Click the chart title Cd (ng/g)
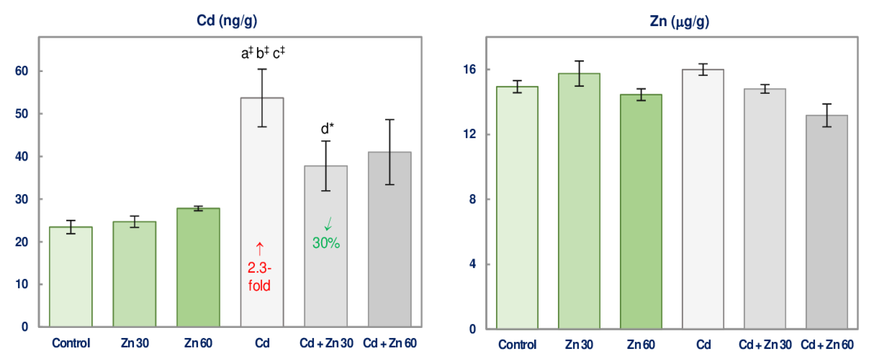pos(227,21)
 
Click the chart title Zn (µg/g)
pos(679,21)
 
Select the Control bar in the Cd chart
pos(71,277)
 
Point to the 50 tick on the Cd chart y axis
pos(21,114)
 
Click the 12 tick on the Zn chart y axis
pos(470,134)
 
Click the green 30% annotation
pos(326,243)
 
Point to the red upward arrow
pos(259,249)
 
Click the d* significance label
pos(327,129)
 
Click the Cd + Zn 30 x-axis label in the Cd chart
pos(326,343)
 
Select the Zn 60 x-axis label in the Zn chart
pos(641,345)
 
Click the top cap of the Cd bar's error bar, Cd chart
pos(262,69)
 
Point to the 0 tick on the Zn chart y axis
pos(472,329)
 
